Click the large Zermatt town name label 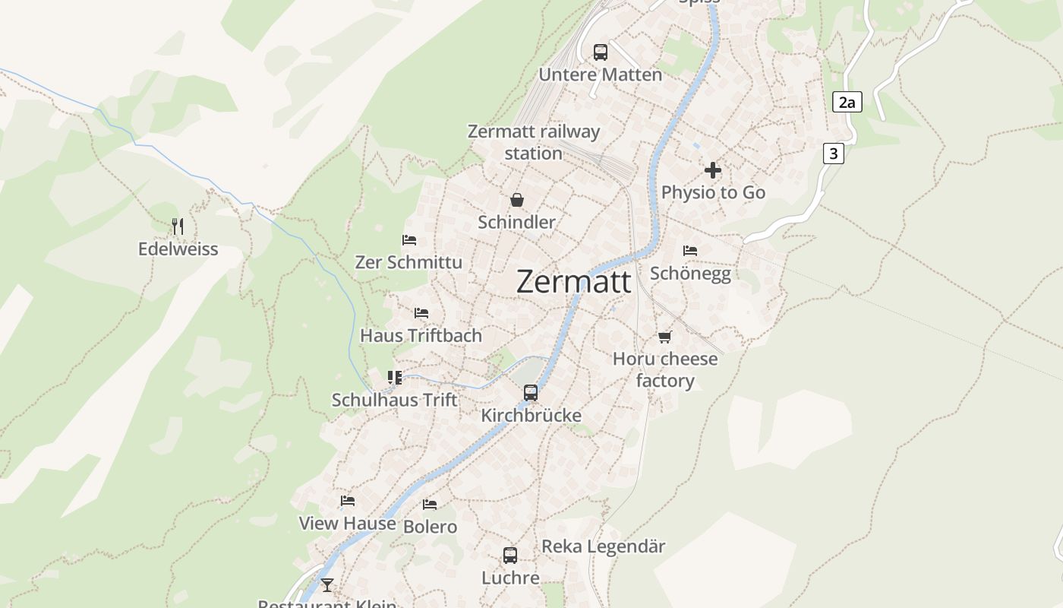point(573,282)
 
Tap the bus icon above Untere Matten point(601,52)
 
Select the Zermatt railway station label point(534,142)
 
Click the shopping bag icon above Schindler point(517,200)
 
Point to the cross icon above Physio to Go point(713,170)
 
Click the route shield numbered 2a point(847,102)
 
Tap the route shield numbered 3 point(834,154)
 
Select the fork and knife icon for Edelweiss point(178,226)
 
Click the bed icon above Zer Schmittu point(409,240)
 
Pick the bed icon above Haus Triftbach point(421,313)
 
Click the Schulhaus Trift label point(395,400)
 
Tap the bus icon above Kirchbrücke point(531,393)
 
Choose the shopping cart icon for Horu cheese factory point(665,337)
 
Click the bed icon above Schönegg point(690,251)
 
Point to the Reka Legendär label point(603,546)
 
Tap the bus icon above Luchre point(510,556)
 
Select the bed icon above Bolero point(430,505)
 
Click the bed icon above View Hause point(348,501)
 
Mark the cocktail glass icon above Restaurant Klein point(327,584)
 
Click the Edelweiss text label point(178,249)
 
